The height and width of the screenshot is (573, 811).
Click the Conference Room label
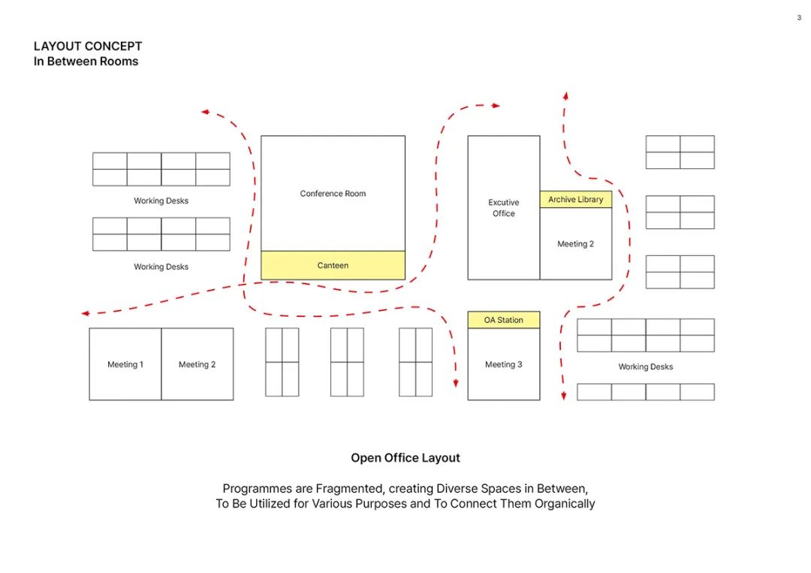point(333,194)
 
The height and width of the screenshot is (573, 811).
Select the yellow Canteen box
point(333,265)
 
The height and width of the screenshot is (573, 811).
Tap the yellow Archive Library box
point(576,199)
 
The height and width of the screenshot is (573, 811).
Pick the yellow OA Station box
point(504,320)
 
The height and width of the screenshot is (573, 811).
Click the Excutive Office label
point(504,208)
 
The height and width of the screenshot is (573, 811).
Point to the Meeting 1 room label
point(125,364)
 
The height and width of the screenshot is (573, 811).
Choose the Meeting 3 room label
point(504,364)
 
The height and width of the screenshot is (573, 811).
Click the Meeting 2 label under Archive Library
point(576,244)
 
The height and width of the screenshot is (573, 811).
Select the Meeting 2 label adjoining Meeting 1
point(197,364)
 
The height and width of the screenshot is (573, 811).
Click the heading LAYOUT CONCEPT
point(88,46)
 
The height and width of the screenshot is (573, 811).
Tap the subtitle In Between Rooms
point(86,61)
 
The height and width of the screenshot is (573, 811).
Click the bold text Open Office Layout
point(405,457)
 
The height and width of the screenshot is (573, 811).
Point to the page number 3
point(799,17)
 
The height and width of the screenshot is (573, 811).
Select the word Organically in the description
point(565,504)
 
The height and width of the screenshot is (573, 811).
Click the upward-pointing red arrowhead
point(566,95)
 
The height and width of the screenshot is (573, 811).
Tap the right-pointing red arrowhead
point(496,105)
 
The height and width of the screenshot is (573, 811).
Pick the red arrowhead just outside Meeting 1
point(86,313)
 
